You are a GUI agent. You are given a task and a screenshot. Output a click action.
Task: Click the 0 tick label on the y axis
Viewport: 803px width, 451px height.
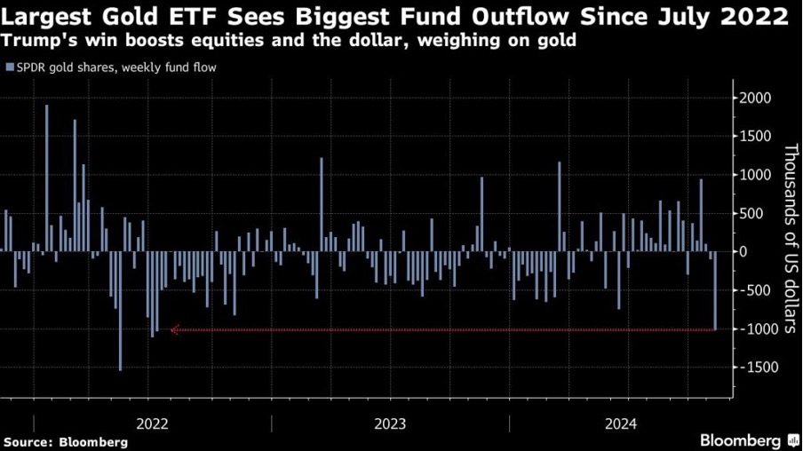coord(743,252)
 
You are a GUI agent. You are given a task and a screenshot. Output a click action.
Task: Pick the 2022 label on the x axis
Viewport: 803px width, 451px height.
coord(154,423)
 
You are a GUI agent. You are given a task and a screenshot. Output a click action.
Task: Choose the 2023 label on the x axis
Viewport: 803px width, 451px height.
coord(391,423)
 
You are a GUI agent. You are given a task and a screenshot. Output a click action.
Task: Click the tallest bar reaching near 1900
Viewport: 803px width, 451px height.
coord(47,178)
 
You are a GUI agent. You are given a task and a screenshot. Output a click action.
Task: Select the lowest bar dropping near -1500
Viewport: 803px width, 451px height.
coord(121,311)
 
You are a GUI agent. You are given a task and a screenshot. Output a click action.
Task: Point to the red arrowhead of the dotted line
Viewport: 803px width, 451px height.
coord(175,330)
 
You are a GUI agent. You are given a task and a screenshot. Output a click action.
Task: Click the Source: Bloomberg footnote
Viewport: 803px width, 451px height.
coord(66,441)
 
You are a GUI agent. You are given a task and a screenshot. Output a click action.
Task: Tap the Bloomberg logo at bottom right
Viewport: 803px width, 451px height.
coord(748,439)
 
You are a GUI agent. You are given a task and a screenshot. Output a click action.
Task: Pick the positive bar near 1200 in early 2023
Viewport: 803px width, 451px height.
coord(322,204)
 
